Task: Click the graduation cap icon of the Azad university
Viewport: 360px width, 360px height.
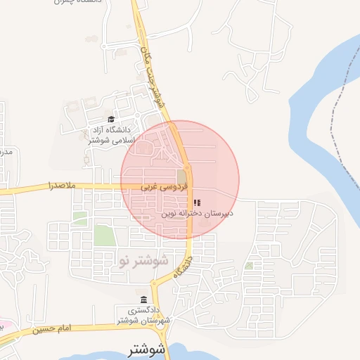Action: click(111, 119)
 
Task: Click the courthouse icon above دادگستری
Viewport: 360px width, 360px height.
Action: click(143, 300)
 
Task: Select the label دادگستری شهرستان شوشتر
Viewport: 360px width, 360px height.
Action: click(141, 314)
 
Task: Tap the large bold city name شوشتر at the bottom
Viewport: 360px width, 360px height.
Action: click(147, 349)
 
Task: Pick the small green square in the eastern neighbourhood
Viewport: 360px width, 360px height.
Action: click(249, 266)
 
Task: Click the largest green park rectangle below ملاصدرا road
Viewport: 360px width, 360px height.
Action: click(103, 235)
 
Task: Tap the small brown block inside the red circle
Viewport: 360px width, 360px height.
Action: click(182, 176)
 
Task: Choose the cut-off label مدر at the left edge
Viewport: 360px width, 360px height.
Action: click(4, 152)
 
